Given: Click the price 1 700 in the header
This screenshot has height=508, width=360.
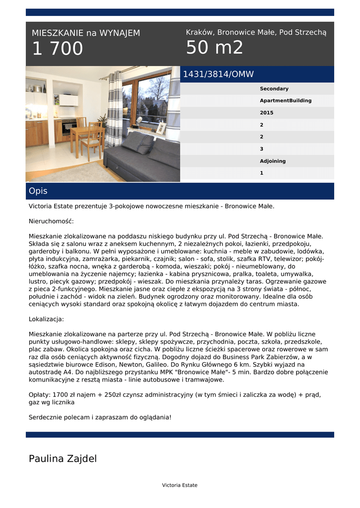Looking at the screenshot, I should coord(58,49).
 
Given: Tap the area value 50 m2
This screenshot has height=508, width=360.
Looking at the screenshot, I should coord(215,48).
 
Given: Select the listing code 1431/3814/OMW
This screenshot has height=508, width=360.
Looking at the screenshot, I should coord(218,74).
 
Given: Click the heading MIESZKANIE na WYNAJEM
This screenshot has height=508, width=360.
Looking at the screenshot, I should coord(86,33).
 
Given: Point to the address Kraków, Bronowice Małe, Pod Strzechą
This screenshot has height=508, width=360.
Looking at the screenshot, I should coord(256,32).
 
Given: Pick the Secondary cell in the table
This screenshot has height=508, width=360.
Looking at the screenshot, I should coord(274,89).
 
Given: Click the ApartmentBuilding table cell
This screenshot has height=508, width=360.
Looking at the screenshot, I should coord(286,101).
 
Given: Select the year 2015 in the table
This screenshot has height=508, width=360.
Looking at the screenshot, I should coord(267,113).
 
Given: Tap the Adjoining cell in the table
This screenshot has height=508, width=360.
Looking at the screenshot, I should coord(273,161).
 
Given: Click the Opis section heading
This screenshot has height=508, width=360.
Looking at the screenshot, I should coord(38,191).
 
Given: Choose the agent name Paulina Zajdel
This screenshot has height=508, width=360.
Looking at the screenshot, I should coord(63,458).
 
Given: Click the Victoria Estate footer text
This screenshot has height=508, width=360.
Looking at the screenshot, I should coord(180,485).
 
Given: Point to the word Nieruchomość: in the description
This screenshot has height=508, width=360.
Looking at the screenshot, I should coord(51,221).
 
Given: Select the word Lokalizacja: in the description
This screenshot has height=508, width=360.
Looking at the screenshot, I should coord(46,319).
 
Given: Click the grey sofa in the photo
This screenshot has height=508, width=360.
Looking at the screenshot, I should coord(142,156).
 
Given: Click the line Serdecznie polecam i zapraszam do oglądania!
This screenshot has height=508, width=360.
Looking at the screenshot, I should coord(100,417).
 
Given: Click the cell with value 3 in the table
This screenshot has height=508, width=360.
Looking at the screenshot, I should coord(262,149).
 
